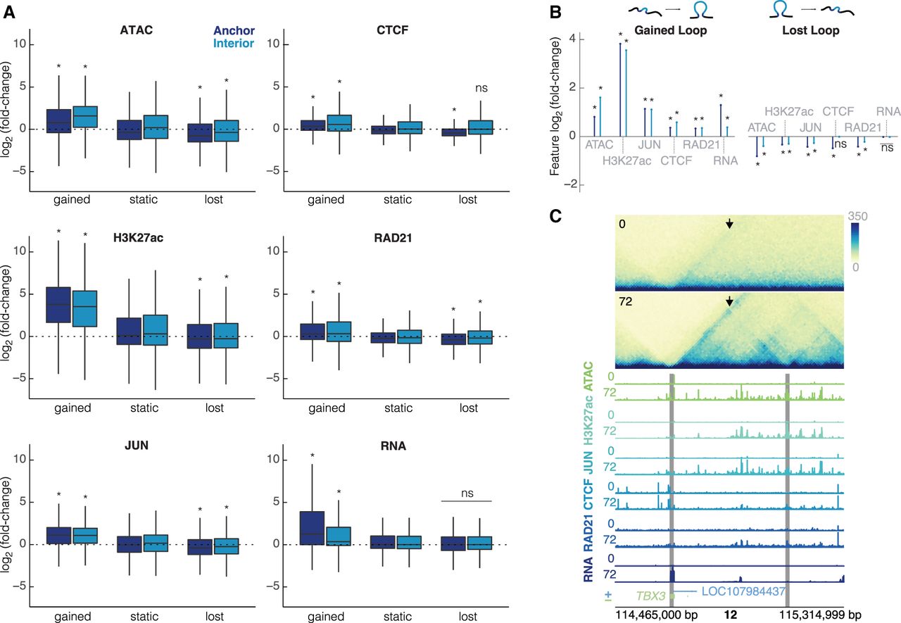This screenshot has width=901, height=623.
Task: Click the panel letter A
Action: (x=9, y=12)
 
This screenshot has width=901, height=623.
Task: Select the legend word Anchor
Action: (x=234, y=30)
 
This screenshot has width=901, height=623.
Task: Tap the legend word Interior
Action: (x=234, y=44)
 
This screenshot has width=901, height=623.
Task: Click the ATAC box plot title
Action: (x=137, y=30)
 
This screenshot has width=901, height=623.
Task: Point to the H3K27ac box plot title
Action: (x=139, y=238)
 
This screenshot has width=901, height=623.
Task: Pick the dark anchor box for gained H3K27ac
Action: (x=58, y=305)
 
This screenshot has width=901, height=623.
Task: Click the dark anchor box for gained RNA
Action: (x=312, y=528)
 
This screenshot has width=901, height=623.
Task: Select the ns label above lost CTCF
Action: (x=481, y=88)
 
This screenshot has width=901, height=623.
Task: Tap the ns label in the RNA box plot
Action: (x=467, y=493)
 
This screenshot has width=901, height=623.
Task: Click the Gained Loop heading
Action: (x=671, y=30)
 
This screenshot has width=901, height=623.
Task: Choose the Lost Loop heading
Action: (x=810, y=30)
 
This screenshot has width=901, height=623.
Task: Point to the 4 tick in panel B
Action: (x=572, y=39)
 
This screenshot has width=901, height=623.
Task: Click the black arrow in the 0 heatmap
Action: (x=729, y=224)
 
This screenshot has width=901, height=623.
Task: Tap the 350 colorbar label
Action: (x=857, y=216)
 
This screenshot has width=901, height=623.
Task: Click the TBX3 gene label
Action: (x=650, y=596)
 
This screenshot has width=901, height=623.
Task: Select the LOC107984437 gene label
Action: (x=743, y=591)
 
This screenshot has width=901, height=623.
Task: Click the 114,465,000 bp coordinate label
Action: (x=657, y=615)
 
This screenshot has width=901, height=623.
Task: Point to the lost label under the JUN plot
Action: (x=215, y=616)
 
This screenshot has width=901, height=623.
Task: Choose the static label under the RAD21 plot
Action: (x=398, y=408)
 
